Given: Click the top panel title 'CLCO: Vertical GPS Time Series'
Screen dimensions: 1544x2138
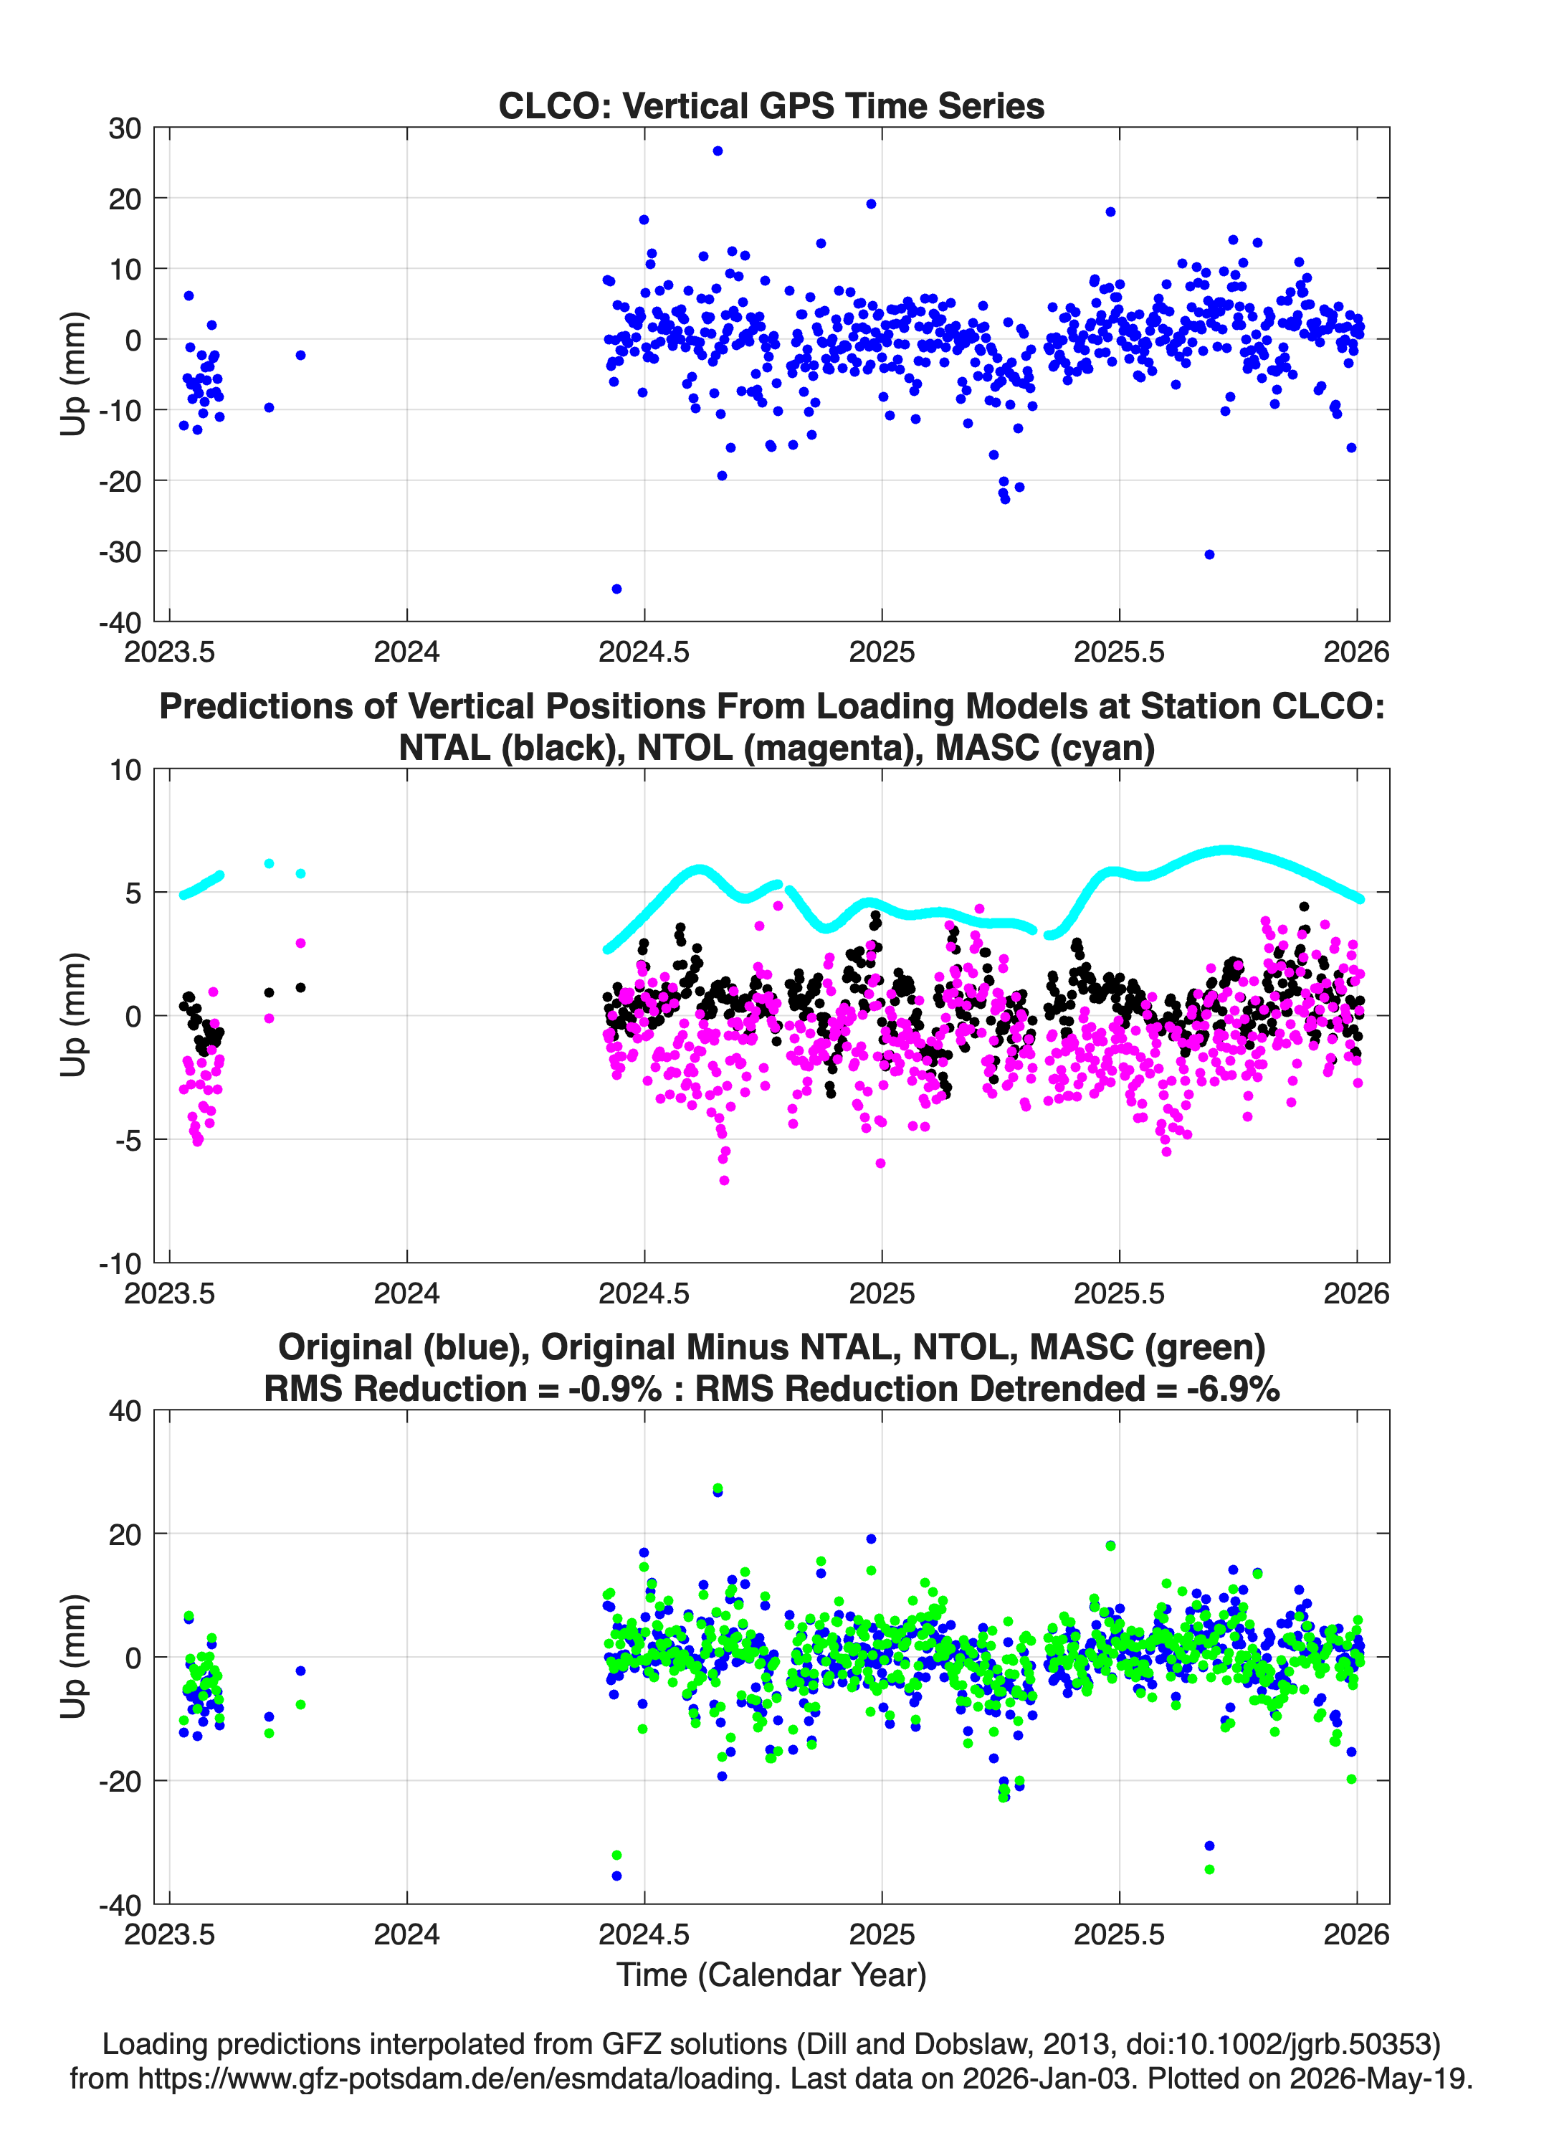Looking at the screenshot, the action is [771, 105].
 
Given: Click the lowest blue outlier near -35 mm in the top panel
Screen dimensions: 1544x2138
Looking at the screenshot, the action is [616, 589].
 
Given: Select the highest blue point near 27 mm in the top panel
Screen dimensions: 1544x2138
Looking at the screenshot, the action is [718, 151].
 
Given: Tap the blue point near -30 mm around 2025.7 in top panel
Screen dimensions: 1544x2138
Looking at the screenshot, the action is [1209, 554].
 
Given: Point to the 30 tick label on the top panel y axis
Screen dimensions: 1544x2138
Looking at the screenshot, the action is [125, 128].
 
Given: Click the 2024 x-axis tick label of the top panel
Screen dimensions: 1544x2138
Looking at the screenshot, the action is [406, 652].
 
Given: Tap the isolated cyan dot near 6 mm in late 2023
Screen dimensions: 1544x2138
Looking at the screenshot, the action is [269, 863].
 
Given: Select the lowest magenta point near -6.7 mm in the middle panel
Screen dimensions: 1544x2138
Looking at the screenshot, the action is [724, 1180].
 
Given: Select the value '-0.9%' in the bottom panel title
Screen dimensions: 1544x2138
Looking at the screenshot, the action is [614, 1389].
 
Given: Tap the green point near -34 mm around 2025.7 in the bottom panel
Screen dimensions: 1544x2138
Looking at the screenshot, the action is [1209, 1869].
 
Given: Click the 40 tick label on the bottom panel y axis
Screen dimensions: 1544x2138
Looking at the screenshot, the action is [125, 1411].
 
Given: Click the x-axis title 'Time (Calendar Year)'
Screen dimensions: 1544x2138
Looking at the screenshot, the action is [771, 1975].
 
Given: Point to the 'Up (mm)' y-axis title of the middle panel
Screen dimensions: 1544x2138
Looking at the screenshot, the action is [74, 1015].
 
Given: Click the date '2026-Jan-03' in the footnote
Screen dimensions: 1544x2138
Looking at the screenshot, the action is [1047, 2078].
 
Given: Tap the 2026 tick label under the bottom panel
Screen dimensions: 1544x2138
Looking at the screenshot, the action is [1356, 1934].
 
